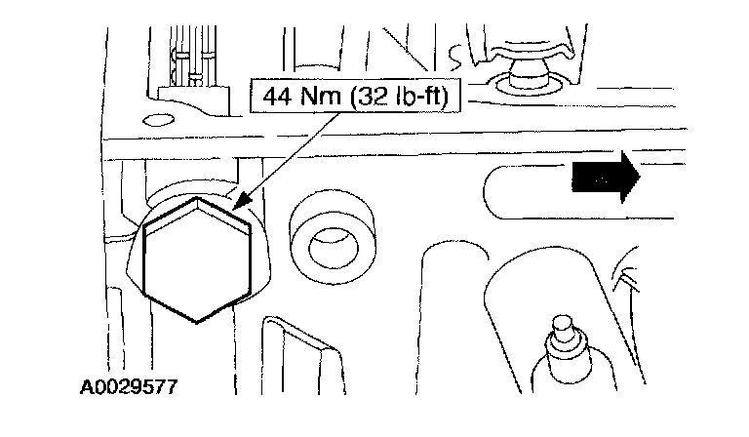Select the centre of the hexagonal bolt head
click(197, 261)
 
